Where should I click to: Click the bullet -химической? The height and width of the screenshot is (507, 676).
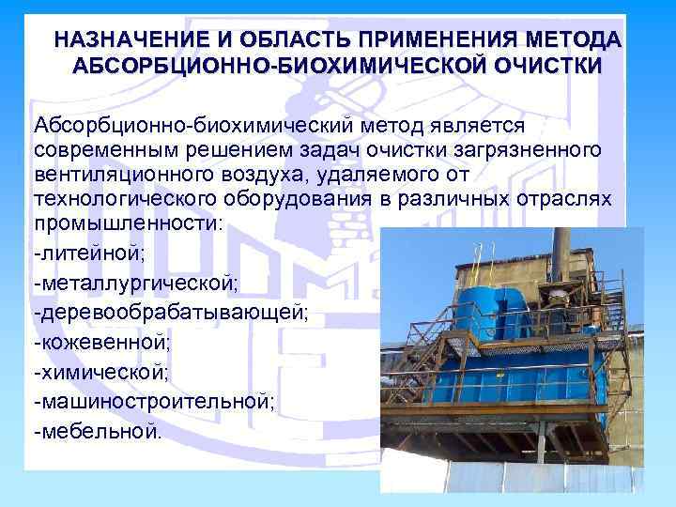click(x=100, y=373)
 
